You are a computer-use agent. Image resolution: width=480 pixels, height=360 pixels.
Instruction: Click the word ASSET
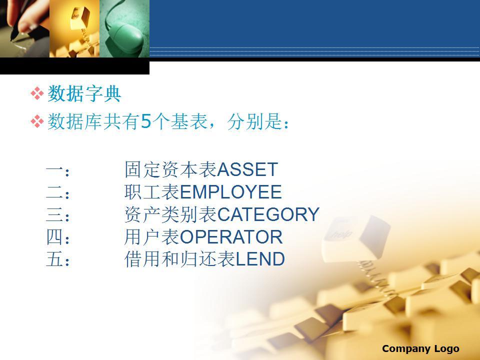click(247, 169)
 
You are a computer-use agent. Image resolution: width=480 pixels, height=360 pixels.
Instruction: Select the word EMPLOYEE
click(231, 192)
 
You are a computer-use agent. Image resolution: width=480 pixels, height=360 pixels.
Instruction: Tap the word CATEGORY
click(268, 214)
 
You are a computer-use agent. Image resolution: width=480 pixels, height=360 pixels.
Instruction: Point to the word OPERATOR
click(231, 237)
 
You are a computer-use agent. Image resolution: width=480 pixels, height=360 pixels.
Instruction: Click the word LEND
click(260, 259)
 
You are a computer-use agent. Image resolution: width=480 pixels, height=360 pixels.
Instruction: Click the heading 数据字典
click(84, 93)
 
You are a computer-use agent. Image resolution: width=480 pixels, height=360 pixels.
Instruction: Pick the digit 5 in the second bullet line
click(146, 121)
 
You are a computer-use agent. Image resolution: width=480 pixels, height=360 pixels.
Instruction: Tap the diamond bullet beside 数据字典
click(37, 93)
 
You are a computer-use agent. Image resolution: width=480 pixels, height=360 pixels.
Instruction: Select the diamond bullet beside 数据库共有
click(37, 121)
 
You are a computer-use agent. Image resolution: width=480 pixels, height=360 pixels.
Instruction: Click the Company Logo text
click(420, 348)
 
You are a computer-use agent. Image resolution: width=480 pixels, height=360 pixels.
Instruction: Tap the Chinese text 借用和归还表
click(180, 259)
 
